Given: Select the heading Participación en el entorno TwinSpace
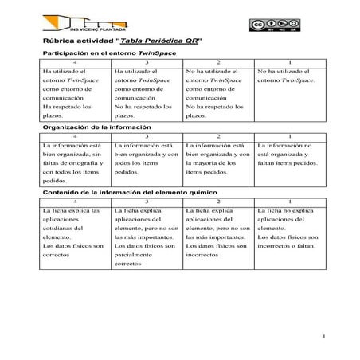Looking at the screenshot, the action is pos(108,53).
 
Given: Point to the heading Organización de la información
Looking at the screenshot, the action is pos(96,127).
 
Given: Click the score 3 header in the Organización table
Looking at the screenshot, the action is pos(146,136).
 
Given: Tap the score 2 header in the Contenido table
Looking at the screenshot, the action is pos(217,202).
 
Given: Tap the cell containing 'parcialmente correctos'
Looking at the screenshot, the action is pos(146,241).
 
